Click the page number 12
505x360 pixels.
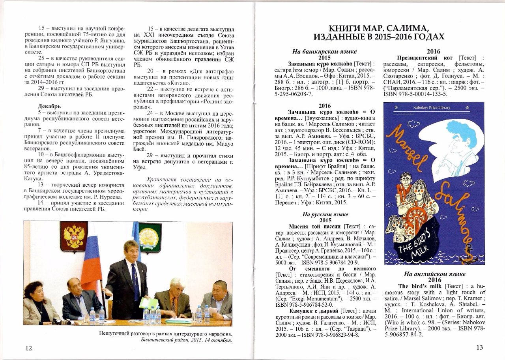point(29,348)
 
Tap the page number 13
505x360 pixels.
point(479,348)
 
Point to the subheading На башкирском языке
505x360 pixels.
point(325,51)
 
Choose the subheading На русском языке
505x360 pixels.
point(325,214)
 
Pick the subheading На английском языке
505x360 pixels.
point(434,274)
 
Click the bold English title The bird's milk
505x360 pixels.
point(420,286)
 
